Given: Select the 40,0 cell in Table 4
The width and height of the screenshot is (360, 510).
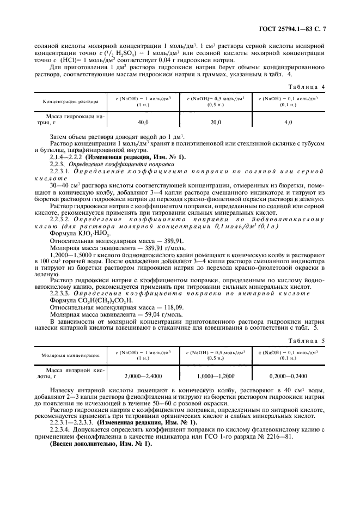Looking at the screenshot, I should (144, 123).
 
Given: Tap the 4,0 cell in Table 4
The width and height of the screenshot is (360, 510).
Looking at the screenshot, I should (288, 123).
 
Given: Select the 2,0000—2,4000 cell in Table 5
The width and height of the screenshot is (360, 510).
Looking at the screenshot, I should (144, 375).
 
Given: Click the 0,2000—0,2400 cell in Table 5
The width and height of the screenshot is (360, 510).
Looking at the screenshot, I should (288, 375).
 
